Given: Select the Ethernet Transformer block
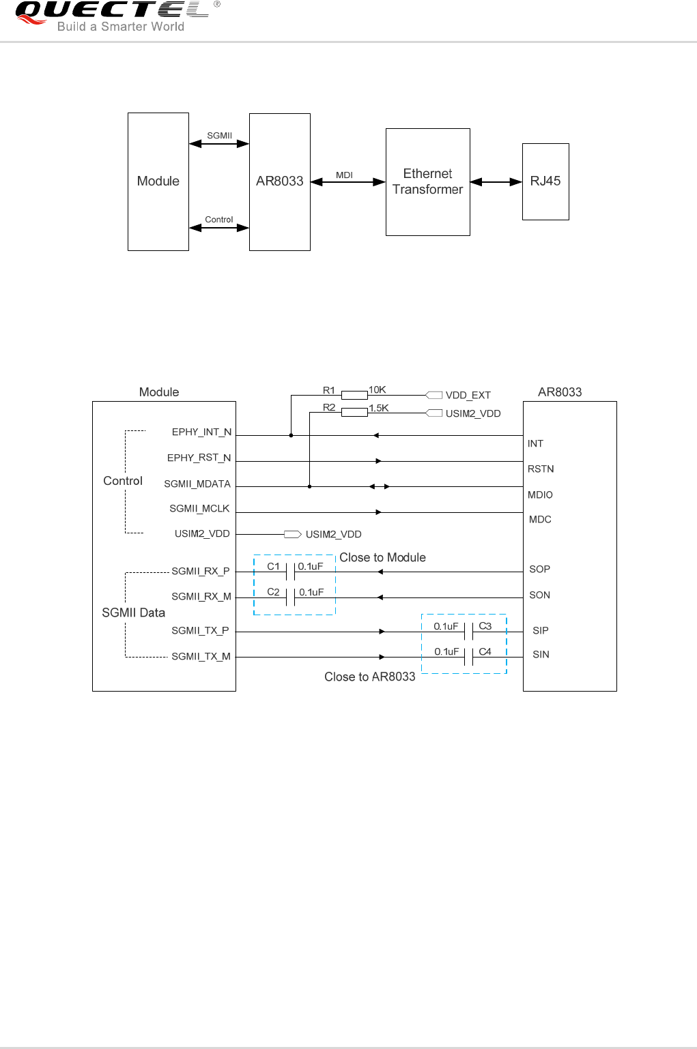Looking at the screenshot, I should [427, 182].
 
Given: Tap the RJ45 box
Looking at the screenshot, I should [545, 181].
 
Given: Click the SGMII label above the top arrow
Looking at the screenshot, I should [219, 136].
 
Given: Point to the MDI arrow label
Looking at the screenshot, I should [344, 175].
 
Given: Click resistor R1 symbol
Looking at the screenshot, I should [354, 395].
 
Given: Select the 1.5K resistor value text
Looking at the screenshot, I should [379, 408].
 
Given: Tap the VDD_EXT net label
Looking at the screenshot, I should [468, 395].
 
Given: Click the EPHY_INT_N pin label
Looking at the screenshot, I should [201, 432].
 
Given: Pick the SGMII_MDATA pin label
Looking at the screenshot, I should [197, 484].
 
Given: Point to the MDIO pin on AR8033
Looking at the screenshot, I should [540, 494].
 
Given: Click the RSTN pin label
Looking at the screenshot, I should [541, 469].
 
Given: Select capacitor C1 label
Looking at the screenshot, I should [273, 566].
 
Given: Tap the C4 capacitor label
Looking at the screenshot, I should [485, 651].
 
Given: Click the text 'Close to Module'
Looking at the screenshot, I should [382, 557].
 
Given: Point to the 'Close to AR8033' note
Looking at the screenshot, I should [369, 677].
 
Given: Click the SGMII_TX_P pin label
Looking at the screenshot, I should [200, 630].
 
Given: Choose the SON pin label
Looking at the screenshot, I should [539, 595].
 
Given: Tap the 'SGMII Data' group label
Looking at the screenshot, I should [133, 612].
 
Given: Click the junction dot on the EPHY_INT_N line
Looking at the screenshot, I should [291, 435].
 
